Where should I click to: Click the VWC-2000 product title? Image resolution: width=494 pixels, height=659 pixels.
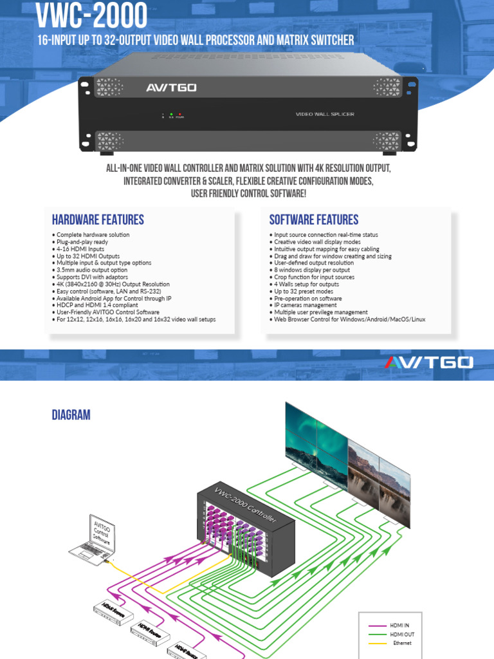[92, 15]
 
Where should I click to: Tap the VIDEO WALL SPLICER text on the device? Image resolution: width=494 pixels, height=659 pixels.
[325, 115]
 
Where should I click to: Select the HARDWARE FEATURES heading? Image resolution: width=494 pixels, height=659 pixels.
[98, 219]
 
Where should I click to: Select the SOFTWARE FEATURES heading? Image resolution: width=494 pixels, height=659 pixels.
[314, 219]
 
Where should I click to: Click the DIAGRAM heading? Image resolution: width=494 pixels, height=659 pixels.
[71, 415]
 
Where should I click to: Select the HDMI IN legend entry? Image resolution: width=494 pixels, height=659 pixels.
[399, 625]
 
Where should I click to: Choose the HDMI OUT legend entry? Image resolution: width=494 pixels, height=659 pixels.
[400, 634]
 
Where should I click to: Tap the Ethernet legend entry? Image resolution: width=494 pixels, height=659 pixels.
[401, 643]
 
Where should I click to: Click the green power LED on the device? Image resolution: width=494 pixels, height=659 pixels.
[171, 114]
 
